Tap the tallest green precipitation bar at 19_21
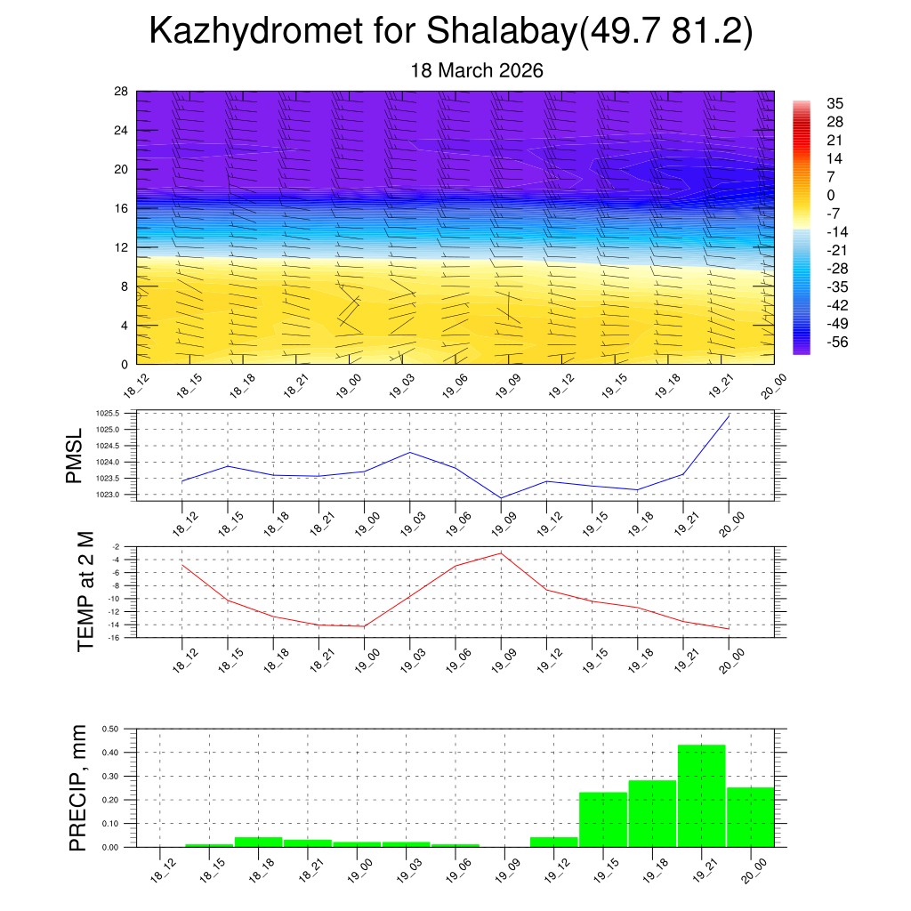click(702, 795)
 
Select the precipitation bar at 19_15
click(603, 819)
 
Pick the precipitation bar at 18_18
click(258, 842)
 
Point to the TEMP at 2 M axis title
click(85, 591)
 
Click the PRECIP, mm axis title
click(78, 786)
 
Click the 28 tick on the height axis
click(122, 92)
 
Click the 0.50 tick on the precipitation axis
click(110, 729)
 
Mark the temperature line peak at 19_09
click(501, 553)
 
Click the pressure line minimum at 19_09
click(501, 498)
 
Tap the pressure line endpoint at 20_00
click(730, 415)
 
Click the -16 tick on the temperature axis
click(116, 637)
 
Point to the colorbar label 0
click(830, 196)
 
